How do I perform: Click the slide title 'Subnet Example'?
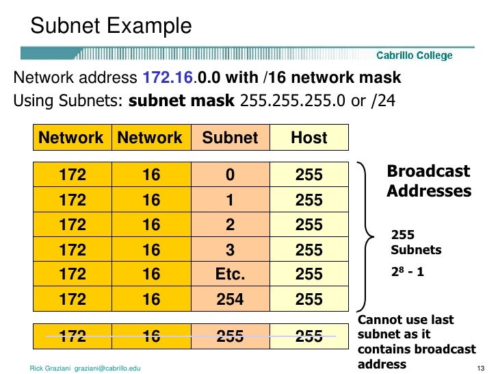pyautogui.click(x=111, y=26)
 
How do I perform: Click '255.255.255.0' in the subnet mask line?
pyautogui.click(x=283, y=101)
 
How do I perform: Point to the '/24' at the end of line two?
pyautogui.click(x=380, y=101)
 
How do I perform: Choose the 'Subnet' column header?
pyautogui.click(x=231, y=138)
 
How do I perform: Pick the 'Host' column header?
pyautogui.click(x=309, y=138)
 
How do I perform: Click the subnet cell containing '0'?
pyautogui.click(x=231, y=175)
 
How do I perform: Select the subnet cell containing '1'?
pyautogui.click(x=231, y=200)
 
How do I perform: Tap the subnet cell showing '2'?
pyautogui.click(x=231, y=225)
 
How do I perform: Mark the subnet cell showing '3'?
pyautogui.click(x=231, y=249)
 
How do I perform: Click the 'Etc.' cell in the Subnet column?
pyautogui.click(x=231, y=274)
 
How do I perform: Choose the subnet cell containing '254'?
pyautogui.click(x=231, y=299)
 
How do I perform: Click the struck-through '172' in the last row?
pyautogui.click(x=73, y=336)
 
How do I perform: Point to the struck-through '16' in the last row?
pyautogui.click(x=151, y=336)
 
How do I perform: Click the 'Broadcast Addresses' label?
pyautogui.click(x=429, y=181)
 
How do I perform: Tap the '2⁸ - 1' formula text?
pyautogui.click(x=408, y=271)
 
